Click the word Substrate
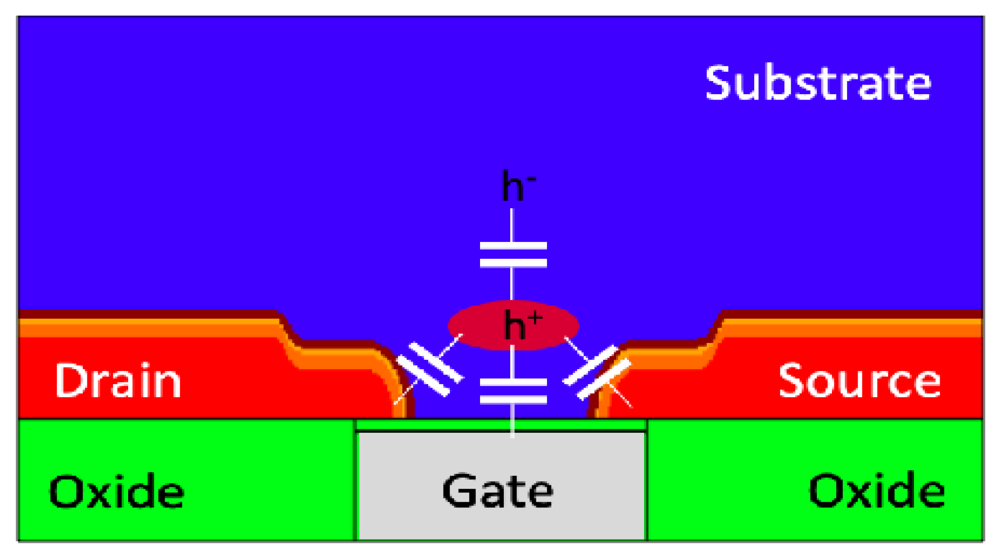(x=818, y=83)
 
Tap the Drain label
(x=118, y=381)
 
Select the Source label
(x=860, y=381)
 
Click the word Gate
(x=498, y=491)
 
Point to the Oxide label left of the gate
(x=116, y=491)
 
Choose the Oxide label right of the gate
(x=877, y=491)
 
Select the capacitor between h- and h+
(x=513, y=254)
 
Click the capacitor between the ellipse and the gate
(x=513, y=391)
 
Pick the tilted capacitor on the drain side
(x=429, y=369)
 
